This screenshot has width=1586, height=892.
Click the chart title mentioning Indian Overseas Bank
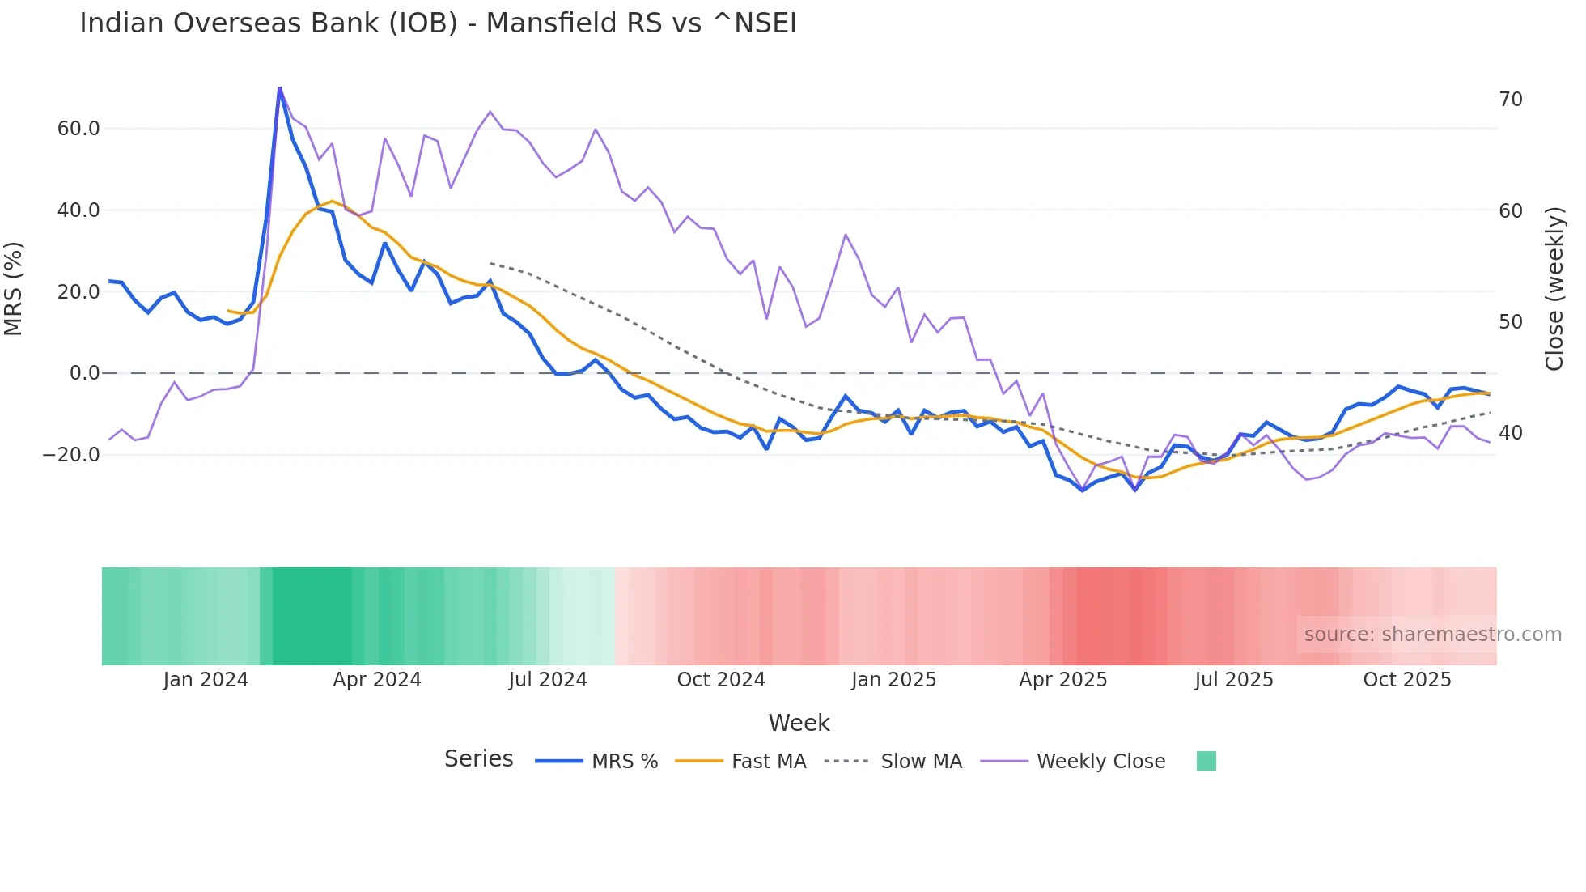click(x=438, y=23)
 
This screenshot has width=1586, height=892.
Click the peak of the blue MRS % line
click(x=279, y=87)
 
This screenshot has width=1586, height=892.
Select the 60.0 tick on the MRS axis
click(x=78, y=129)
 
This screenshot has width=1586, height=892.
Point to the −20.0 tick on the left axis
click(x=71, y=455)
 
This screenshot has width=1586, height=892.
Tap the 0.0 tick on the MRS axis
click(x=84, y=373)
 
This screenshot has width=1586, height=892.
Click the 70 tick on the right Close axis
click(x=1510, y=100)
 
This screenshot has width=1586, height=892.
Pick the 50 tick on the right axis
click(x=1510, y=322)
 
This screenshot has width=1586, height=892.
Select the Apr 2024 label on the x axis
click(x=377, y=680)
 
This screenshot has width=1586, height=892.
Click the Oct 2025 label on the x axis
click(x=1407, y=680)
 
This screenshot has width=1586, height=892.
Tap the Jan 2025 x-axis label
click(x=893, y=680)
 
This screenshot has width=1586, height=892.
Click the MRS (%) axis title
click(x=14, y=289)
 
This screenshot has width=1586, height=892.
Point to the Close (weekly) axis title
click(x=1554, y=289)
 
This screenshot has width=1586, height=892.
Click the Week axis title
click(x=799, y=723)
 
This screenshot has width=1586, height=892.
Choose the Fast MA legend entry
click(x=768, y=762)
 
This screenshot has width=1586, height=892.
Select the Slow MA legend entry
click(x=921, y=762)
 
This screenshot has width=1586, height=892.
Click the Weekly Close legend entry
click(x=1100, y=762)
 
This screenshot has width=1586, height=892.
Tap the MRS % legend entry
click(x=624, y=762)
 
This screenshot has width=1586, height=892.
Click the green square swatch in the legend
click(x=1206, y=761)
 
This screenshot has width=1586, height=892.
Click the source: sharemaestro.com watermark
click(x=1432, y=635)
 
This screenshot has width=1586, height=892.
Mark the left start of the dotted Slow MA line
click(x=491, y=263)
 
